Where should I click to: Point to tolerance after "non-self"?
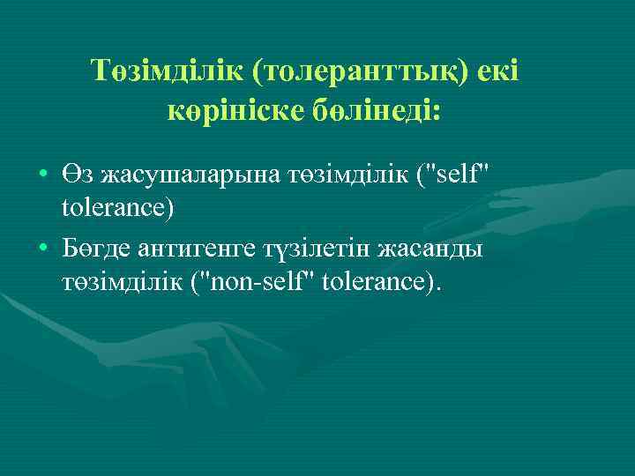(x=382, y=286)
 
